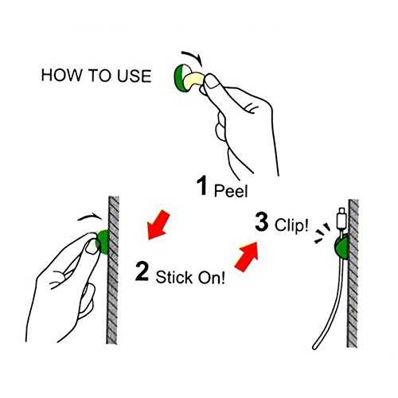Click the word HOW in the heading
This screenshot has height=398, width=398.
62,75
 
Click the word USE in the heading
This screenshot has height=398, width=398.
135,76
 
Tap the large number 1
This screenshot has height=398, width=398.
202,185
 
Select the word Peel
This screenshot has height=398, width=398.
231,190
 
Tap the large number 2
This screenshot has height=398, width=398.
142,271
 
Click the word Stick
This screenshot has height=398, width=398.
174,277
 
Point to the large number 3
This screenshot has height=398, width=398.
262,221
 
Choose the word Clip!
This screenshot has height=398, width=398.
291,225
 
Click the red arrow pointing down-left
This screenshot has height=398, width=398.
158,224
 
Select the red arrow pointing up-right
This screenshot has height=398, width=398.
247,257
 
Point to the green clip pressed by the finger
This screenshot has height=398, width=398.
103,242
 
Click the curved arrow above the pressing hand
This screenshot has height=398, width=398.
90,217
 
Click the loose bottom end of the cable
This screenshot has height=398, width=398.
315,347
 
